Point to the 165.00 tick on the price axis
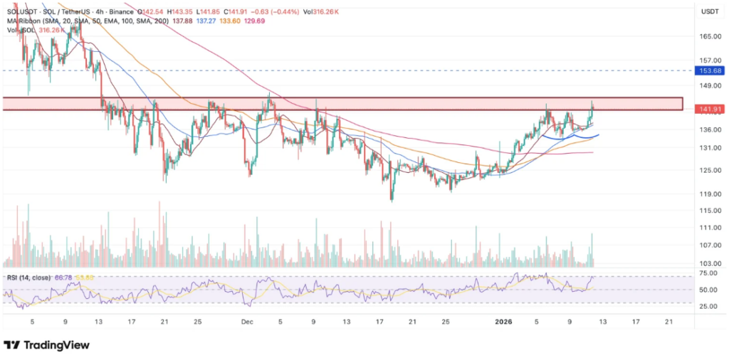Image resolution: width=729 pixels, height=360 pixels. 707,36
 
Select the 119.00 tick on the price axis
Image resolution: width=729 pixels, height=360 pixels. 707,193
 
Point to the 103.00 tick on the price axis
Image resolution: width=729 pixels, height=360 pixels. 707,263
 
